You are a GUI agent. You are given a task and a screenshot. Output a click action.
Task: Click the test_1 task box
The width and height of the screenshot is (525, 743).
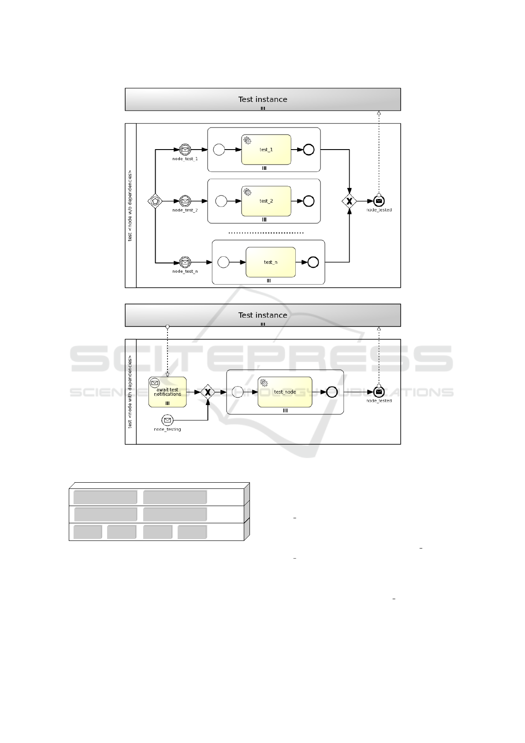click(266, 150)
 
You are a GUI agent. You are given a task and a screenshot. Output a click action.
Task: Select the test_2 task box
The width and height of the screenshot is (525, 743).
click(266, 201)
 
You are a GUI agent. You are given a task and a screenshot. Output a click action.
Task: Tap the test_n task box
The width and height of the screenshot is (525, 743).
click(270, 262)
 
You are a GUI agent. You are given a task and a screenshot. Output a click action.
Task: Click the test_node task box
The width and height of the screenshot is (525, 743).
click(285, 392)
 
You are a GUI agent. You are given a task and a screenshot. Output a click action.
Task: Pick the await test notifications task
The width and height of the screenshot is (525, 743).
click(168, 392)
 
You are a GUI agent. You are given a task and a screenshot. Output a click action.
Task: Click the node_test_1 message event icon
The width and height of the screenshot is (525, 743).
click(185, 150)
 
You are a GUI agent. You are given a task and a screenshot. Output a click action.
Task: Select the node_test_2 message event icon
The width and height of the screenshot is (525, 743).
click(185, 201)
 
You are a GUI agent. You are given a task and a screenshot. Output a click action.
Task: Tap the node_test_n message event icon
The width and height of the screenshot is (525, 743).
click(185, 263)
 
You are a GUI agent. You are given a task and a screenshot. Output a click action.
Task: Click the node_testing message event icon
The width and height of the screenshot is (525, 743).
click(168, 420)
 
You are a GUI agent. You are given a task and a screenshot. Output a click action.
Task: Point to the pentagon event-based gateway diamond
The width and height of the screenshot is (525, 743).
click(155, 201)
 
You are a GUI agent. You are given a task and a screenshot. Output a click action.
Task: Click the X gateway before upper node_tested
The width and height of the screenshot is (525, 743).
click(350, 201)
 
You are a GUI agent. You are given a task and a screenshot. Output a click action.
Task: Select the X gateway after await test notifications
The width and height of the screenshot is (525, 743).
click(208, 392)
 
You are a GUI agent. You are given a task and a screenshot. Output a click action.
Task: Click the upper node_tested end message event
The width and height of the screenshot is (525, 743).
click(379, 201)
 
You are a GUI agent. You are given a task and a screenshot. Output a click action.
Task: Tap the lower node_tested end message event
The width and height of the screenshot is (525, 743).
click(379, 392)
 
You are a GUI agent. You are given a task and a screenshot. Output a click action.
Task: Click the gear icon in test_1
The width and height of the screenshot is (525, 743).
click(247, 141)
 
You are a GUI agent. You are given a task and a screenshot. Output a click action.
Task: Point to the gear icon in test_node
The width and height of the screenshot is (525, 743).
click(264, 383)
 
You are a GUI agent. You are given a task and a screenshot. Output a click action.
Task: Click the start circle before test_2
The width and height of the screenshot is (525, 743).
click(221, 201)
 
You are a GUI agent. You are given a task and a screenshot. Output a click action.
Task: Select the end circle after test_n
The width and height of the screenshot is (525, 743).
click(313, 262)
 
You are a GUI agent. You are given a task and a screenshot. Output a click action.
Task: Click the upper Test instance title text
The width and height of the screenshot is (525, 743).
click(263, 99)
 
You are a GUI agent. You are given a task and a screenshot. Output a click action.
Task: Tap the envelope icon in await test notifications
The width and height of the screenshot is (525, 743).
click(155, 383)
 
